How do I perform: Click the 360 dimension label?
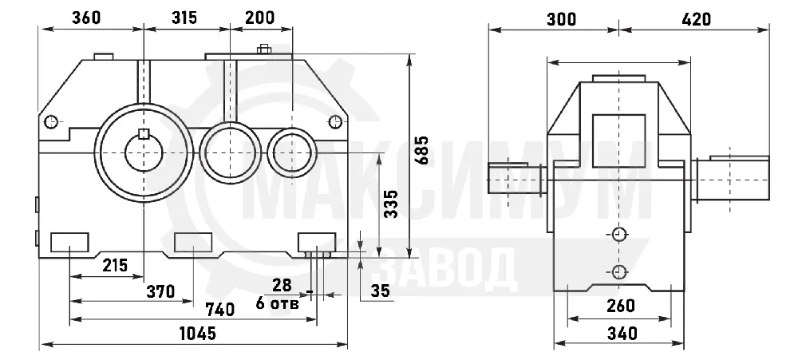click(x=86, y=18)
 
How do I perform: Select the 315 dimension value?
click(x=184, y=18)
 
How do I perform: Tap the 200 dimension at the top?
click(x=259, y=18)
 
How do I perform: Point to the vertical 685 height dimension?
click(x=421, y=150)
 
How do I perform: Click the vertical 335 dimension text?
click(x=391, y=204)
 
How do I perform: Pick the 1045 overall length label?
click(x=199, y=334)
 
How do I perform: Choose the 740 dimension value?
click(x=220, y=309)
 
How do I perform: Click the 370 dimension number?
click(x=161, y=292)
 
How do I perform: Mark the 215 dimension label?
click(x=115, y=265)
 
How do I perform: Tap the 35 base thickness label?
click(x=380, y=291)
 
